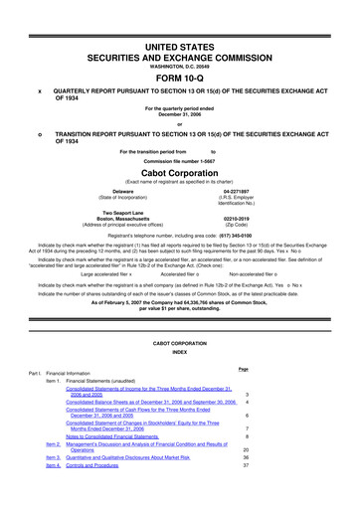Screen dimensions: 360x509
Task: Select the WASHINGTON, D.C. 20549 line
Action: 179,39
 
